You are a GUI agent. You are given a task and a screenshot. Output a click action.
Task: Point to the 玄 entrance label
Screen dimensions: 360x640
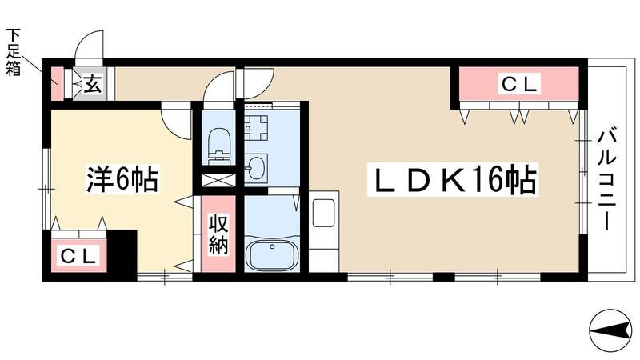tap(93, 83)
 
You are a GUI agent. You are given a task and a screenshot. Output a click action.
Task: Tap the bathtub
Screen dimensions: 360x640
tap(273, 255)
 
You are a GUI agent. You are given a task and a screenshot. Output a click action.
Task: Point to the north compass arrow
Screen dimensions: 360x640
tap(610, 328)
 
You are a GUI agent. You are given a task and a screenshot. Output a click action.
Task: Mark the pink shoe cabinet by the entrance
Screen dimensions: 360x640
tap(56, 83)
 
